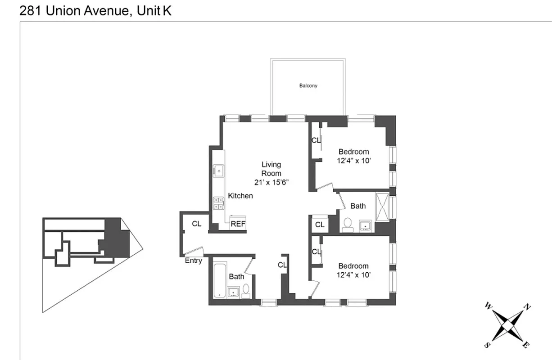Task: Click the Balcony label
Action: coord(308,85)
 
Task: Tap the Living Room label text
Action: coord(271,169)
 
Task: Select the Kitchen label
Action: coord(240,196)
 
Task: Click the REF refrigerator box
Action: coord(238,224)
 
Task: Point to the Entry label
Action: coord(194,261)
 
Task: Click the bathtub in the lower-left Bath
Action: coord(219,280)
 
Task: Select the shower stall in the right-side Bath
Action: coord(382,206)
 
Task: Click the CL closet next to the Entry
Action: coord(197,224)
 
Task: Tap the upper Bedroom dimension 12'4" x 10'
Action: coord(353,161)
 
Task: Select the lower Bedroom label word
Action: coord(353,266)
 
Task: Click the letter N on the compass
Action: coord(527,308)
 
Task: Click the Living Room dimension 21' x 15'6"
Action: coord(271,182)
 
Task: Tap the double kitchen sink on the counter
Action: coord(219,203)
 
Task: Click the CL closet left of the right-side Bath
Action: coord(320,225)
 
